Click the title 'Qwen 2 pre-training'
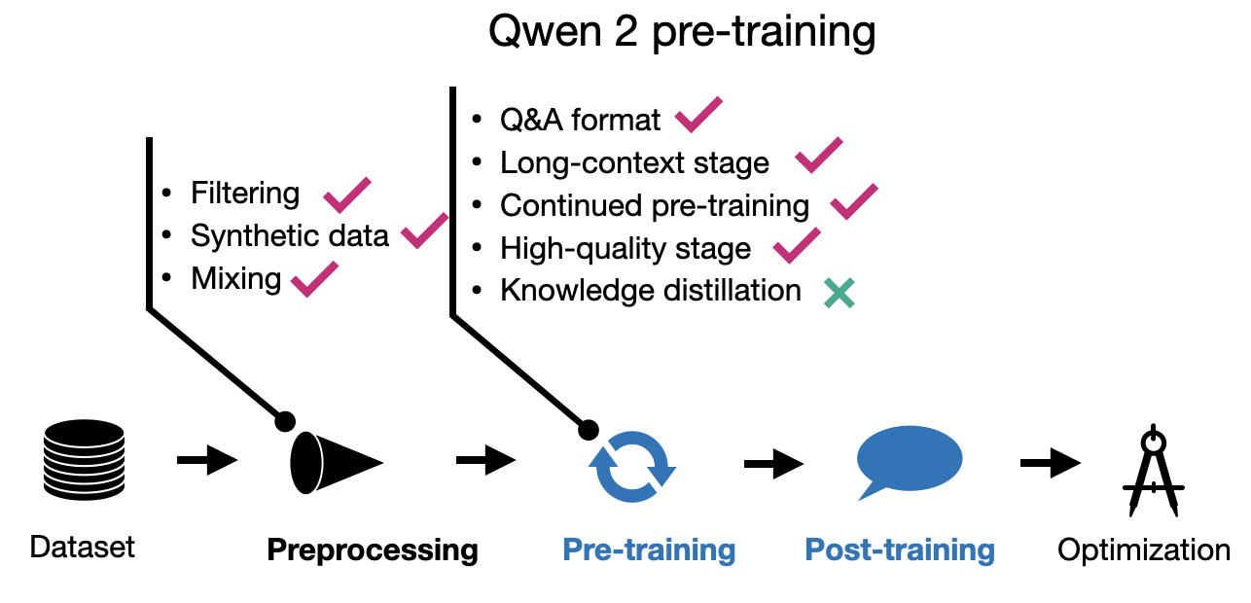(681, 33)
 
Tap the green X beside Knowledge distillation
(839, 293)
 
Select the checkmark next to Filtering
(346, 195)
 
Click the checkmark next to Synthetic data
(424, 231)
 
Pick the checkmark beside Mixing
(313, 279)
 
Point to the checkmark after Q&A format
(698, 116)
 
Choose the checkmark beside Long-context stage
(818, 157)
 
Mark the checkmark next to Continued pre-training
(853, 200)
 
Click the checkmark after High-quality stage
(796, 244)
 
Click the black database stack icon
(84, 459)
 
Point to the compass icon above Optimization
(1152, 471)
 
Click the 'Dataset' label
(83, 547)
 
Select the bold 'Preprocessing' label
(373, 550)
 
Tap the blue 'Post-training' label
(900, 550)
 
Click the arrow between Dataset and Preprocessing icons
(207, 460)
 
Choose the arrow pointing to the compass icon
(1050, 463)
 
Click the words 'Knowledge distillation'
(650, 291)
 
